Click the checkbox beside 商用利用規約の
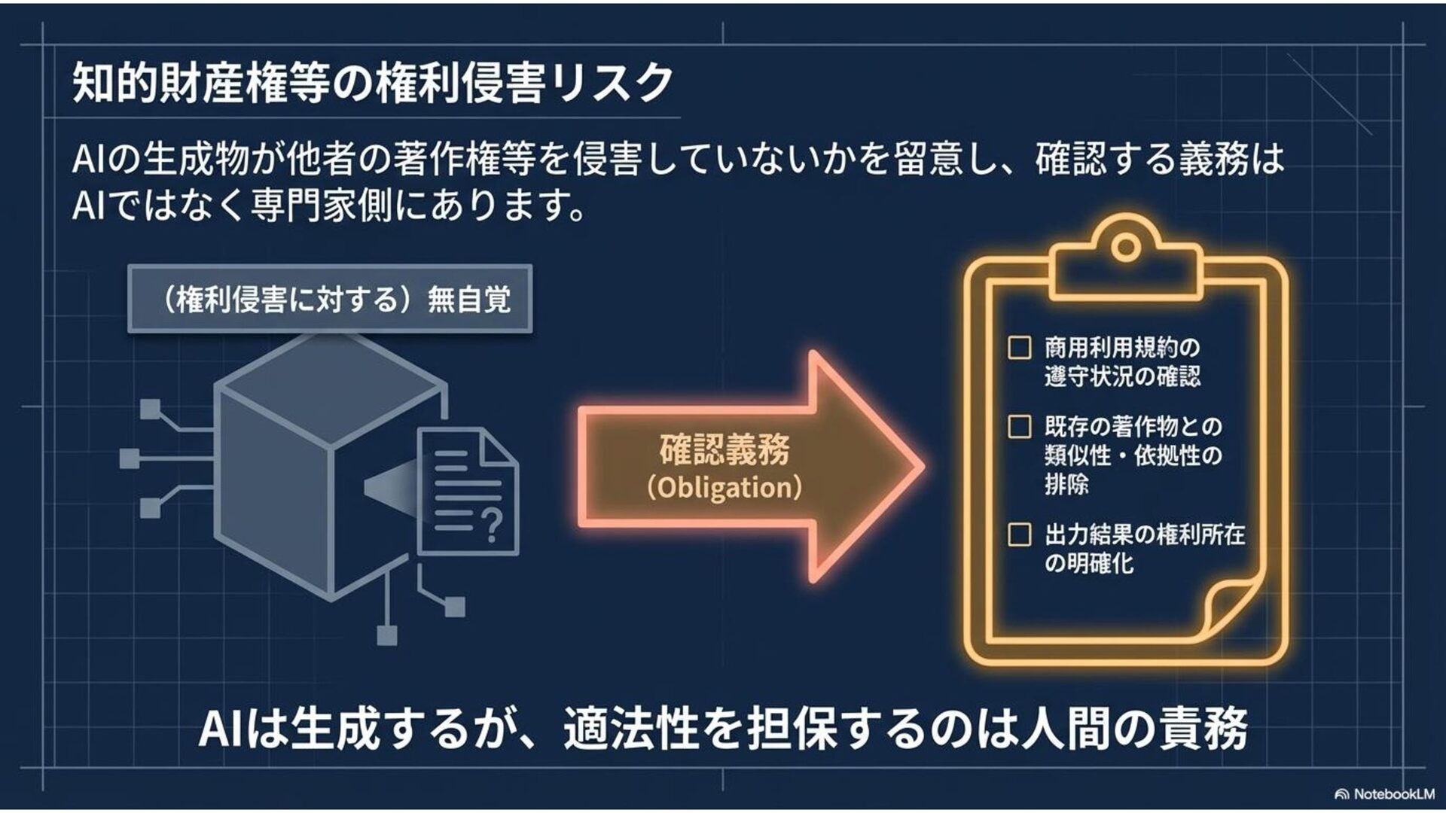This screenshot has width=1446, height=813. click(1019, 348)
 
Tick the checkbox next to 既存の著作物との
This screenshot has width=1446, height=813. click(1019, 427)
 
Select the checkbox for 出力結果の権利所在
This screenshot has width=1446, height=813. click(1019, 534)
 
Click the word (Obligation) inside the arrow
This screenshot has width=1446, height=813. click(725, 488)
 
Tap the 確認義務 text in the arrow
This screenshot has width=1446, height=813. click(725, 450)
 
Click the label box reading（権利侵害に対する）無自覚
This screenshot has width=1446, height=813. click(330, 299)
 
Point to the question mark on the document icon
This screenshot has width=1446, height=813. click(491, 524)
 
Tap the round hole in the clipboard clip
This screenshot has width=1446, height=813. click(1125, 246)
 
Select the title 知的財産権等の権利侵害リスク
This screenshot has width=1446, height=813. click(372, 82)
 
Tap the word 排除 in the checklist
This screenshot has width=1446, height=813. click(1066, 484)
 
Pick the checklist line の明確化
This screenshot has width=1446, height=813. click(1089, 563)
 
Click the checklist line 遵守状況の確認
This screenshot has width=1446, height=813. click(1122, 376)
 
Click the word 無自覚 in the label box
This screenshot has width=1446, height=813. click(469, 300)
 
